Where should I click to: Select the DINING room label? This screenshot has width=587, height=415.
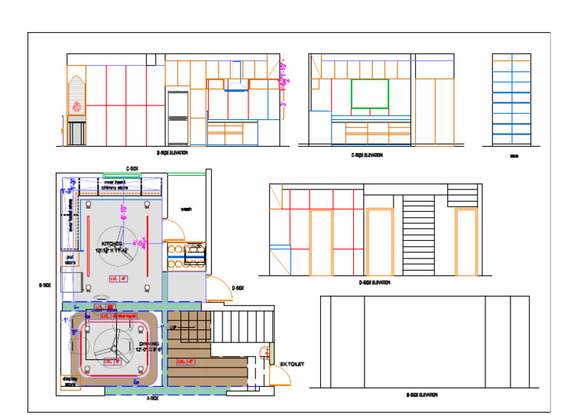pyautogui.click(x=148, y=346)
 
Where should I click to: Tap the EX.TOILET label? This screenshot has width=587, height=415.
pyautogui.click(x=291, y=365)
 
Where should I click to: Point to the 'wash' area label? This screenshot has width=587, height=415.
pyautogui.click(x=186, y=209)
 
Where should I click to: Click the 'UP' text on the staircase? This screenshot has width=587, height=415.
pyautogui.click(x=174, y=328)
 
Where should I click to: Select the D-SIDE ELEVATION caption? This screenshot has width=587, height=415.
pyautogui.click(x=375, y=283)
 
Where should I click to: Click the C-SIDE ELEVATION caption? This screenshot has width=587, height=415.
pyautogui.click(x=367, y=155)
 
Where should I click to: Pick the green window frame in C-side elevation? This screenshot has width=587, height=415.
pyautogui.click(x=370, y=94)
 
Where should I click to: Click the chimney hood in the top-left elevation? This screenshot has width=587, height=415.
pyautogui.click(x=236, y=86)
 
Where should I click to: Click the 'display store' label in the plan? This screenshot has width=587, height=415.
pyautogui.click(x=70, y=381)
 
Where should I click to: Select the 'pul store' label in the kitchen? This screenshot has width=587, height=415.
pyautogui.click(x=70, y=260)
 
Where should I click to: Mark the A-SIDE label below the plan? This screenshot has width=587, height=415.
pyautogui.click(x=152, y=399)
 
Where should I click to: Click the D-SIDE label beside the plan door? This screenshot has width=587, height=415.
pyautogui.click(x=238, y=288)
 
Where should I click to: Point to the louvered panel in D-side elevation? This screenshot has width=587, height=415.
pyautogui.click(x=417, y=236)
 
